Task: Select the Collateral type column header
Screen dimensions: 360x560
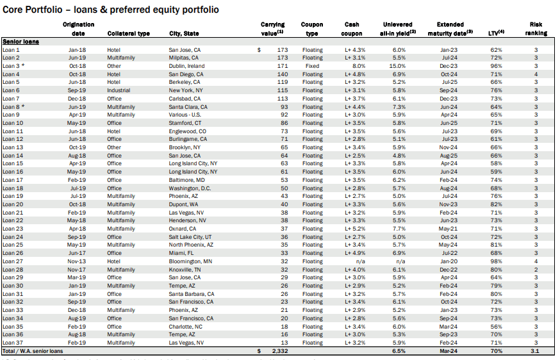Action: click(129, 33)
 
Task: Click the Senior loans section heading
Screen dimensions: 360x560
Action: click(21, 41)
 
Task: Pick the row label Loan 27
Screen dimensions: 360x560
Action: click(13, 261)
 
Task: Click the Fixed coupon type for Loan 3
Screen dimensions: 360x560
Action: click(313, 66)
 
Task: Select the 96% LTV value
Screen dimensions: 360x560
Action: click(496, 66)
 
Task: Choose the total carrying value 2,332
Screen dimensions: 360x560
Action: click(280, 352)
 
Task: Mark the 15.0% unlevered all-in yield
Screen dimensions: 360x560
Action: click(399, 66)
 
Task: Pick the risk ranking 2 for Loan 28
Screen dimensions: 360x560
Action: click(536, 270)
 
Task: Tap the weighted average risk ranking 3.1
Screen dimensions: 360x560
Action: click(536, 352)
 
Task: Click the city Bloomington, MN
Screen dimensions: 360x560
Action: click(191, 261)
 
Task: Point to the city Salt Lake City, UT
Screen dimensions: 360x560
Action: click(191, 237)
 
